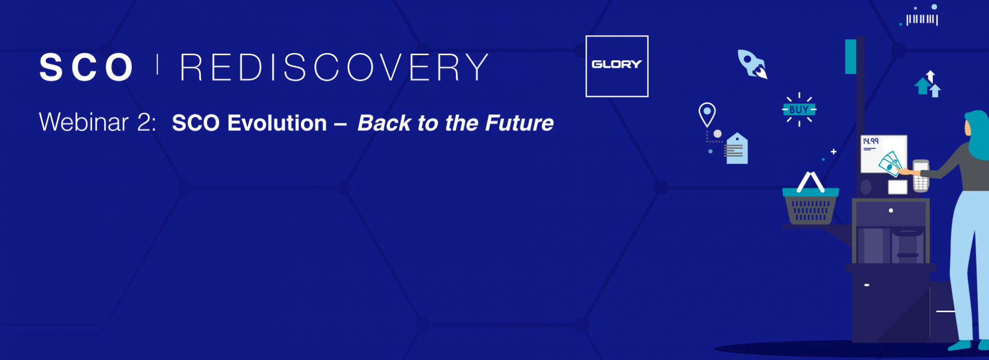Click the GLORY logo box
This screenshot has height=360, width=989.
point(617,66)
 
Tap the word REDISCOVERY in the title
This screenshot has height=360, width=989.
point(335,67)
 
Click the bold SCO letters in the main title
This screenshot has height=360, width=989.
point(87,67)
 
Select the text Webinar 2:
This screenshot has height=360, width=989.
point(97,123)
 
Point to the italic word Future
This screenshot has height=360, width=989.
point(519,123)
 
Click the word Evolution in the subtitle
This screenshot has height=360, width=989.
point(277,123)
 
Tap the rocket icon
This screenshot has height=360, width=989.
point(752,64)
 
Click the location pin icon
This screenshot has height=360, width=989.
point(707,114)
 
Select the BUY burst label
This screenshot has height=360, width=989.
point(799,109)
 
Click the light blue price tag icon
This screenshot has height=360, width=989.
point(737,149)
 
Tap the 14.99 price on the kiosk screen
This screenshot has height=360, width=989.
point(871,141)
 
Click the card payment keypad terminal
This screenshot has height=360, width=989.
point(920,176)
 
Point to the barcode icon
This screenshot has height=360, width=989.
point(922,20)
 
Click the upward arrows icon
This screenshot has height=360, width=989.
point(928,84)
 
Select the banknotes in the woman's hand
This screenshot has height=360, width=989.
point(890,164)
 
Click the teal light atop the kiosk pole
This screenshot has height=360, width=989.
point(850,57)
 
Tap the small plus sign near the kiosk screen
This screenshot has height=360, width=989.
point(833,151)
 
